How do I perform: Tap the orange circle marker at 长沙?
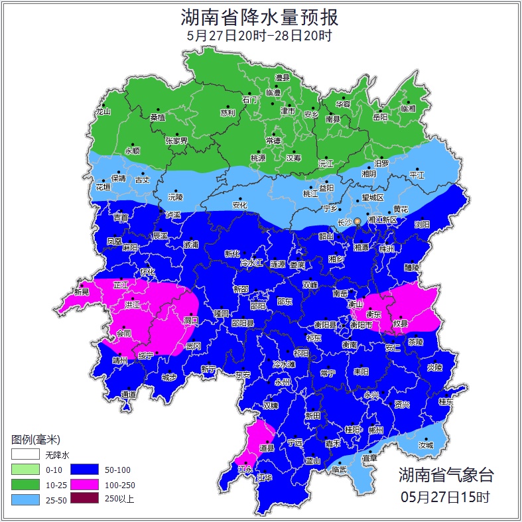coord(358,221)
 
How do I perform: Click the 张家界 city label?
coord(177,141)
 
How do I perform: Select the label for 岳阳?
coord(380,117)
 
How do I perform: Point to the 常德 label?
coord(273,140)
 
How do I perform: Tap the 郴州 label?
coord(376,430)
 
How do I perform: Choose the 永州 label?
coord(283,383)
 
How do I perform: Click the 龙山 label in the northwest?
coord(103,111)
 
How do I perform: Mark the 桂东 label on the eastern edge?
coord(446,401)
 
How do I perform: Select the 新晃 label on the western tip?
coord(82,291)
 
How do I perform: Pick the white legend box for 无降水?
coord(25,455)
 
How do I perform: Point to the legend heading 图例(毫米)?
coord(36,440)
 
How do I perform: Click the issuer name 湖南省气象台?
coord(446,475)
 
